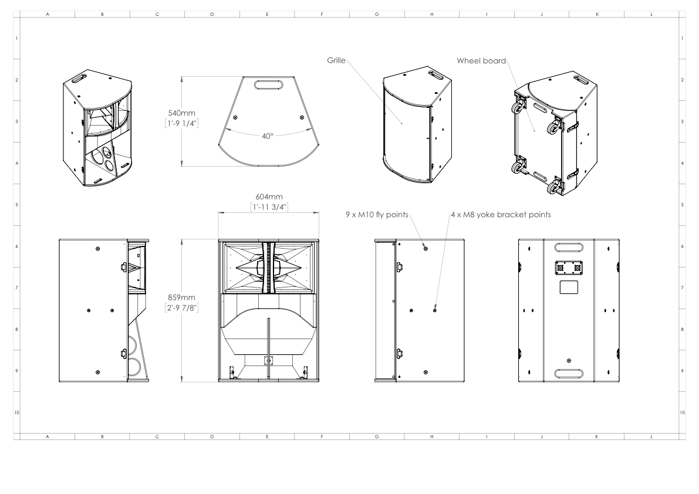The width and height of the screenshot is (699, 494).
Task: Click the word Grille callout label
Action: click(336, 60)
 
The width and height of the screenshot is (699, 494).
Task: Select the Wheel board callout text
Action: click(481, 60)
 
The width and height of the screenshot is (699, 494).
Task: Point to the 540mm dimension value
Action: click(182, 113)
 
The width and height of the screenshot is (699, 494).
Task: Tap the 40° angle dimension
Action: click(268, 136)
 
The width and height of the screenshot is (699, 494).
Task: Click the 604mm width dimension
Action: click(268, 198)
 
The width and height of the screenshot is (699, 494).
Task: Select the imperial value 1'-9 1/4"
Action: click(182, 123)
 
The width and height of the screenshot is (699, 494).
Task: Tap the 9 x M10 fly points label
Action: click(376, 215)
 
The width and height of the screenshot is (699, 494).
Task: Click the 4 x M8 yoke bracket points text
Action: click(501, 215)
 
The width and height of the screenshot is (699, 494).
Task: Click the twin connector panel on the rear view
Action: click(568, 267)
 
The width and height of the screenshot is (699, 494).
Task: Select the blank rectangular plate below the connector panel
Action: click(568, 287)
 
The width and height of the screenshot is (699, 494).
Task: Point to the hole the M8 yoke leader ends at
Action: click(434, 310)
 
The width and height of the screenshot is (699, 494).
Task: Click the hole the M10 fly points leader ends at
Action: click(426, 248)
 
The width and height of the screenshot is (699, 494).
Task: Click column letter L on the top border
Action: click(651, 13)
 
